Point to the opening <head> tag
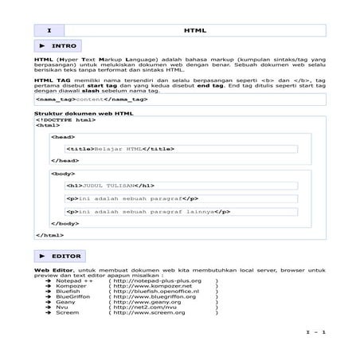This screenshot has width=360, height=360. pos(63,137)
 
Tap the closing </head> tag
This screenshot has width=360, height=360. pos(65,160)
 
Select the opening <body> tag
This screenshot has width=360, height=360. pos(63,173)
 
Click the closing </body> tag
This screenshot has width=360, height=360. pos(65,224)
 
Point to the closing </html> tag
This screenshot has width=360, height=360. pos(49,236)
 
